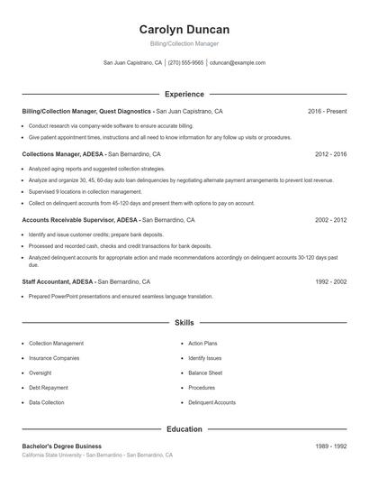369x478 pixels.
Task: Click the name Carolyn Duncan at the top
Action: (184, 29)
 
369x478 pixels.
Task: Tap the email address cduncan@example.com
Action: (238, 63)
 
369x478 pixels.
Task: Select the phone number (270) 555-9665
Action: (185, 63)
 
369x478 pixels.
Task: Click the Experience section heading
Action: (184, 94)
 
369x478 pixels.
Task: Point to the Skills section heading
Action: (184, 322)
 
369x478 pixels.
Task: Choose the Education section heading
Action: (184, 429)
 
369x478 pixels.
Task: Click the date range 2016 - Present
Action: (327, 111)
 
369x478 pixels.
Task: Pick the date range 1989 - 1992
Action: (330, 446)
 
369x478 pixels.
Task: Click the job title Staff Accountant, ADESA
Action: (58, 282)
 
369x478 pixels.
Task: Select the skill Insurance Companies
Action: (54, 358)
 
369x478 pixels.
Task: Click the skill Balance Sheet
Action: (205, 372)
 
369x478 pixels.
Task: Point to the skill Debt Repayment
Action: (49, 388)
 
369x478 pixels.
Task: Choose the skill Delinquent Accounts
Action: (211, 402)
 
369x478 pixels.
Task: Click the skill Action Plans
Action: (202, 344)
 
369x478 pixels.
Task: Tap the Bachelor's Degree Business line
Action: (61, 446)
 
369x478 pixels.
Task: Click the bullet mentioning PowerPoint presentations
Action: (121, 297)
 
